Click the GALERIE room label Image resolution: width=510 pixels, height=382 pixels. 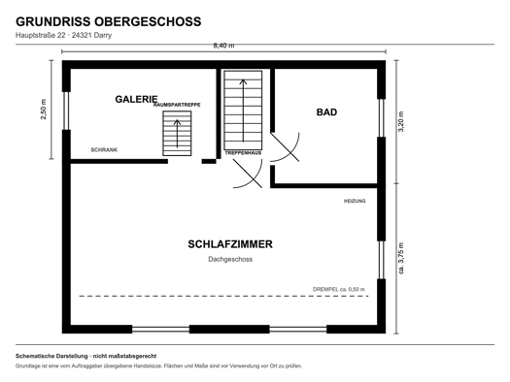click(136, 99)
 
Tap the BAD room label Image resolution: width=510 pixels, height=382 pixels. click(326, 112)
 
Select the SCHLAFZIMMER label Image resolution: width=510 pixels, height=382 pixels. click(230, 244)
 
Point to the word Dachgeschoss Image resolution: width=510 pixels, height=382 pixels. click(230, 259)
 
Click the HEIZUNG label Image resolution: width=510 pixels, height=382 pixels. click(355, 201)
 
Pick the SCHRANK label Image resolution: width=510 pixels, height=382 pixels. click(104, 150)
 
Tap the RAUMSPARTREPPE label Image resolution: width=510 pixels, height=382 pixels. click(177, 105)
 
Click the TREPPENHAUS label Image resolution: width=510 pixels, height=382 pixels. click(243, 152)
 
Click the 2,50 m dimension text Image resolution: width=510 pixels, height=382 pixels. click(44, 109)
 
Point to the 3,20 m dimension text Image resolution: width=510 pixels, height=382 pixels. click(401, 121)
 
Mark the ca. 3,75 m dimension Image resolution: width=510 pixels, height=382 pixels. click(401, 258)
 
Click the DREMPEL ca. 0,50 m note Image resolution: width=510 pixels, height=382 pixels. click(339, 289)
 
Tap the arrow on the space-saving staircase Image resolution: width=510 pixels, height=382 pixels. click(177, 134)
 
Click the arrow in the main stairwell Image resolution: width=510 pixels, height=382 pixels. click(243, 111)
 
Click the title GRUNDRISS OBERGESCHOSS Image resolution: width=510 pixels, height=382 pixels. click(108, 21)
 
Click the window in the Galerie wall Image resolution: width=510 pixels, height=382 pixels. click(66, 111)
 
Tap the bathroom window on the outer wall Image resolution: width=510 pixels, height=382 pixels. click(381, 118)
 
